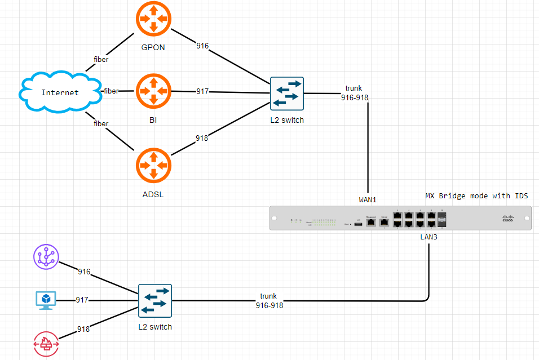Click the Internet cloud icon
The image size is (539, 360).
pos(60,92)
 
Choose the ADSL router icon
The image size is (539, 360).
pos(153,166)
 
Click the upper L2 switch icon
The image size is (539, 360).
pos(286,94)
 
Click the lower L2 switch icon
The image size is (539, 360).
pos(155,301)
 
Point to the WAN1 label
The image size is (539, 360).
pos(368,200)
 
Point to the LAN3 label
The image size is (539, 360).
pos(428,237)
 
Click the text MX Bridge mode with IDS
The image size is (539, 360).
pos(476,196)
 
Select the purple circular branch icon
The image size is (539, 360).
pos(46,257)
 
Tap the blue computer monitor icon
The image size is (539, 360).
pos(46,300)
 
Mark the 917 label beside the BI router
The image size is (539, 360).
pos(202,91)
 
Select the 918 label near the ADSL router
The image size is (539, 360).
pos(202,138)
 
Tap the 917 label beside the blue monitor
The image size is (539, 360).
pos(82,300)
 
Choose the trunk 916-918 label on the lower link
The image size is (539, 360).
pos(269,301)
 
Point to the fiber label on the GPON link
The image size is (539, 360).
pos(101,59)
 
